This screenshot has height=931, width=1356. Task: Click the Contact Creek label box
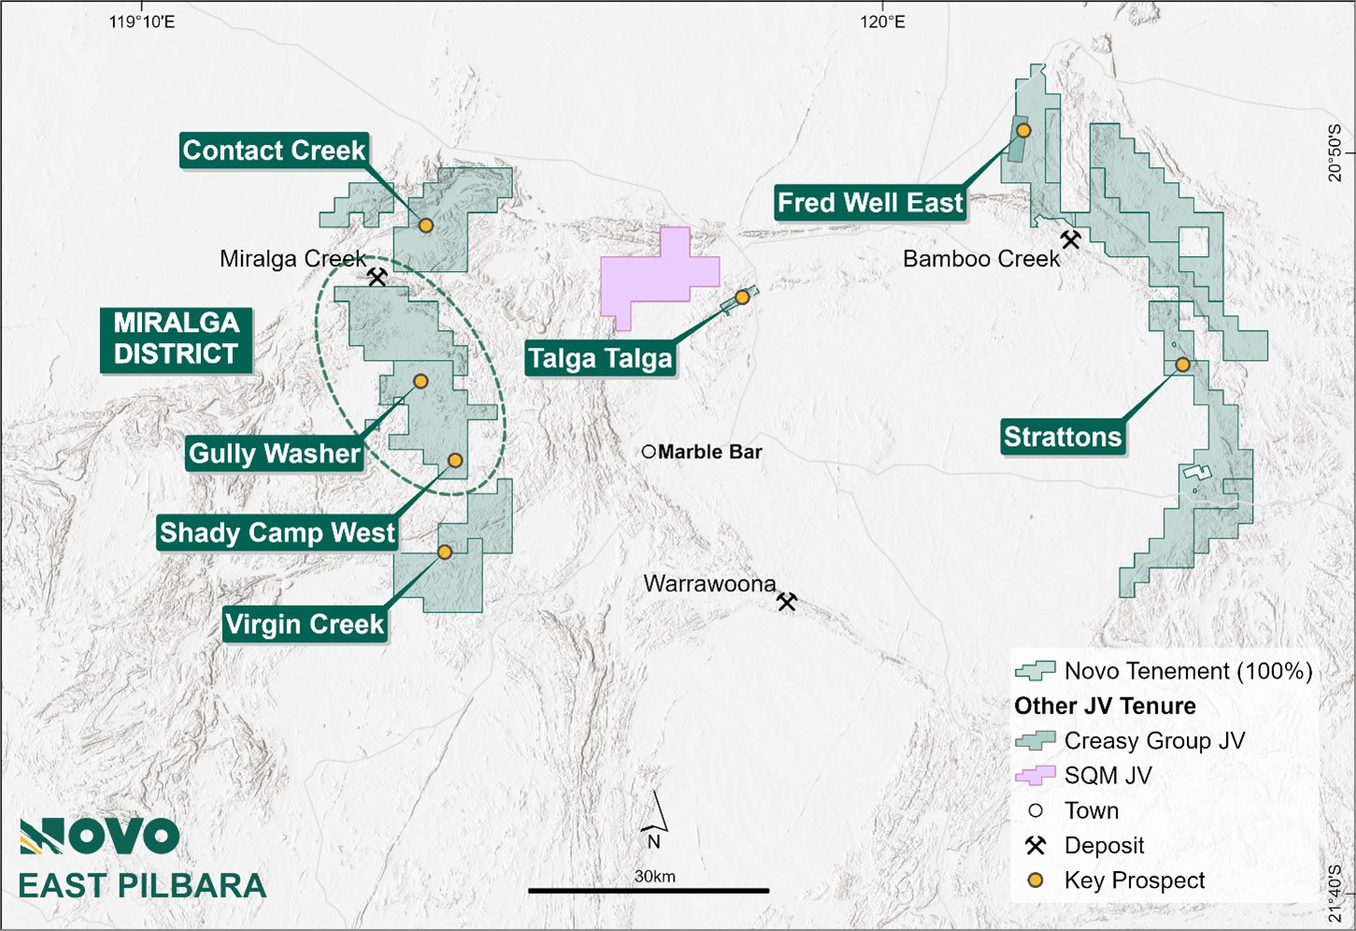[274, 150]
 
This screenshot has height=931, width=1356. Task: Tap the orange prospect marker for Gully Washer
[421, 381]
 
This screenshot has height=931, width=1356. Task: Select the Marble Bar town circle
[649, 451]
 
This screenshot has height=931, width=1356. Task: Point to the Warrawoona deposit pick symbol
[787, 602]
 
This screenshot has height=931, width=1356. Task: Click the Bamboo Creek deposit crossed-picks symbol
[1071, 239]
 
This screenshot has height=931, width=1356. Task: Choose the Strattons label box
[1062, 437]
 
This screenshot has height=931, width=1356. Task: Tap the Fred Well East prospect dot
[1023, 130]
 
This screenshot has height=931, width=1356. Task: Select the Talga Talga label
[600, 359]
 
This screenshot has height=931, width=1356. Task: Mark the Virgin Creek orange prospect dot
[445, 552]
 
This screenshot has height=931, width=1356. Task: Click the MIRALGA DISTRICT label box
[176, 339]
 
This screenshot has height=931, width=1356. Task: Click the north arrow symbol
[656, 819]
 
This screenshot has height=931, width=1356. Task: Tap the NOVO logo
[99, 837]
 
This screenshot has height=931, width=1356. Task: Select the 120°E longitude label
[883, 21]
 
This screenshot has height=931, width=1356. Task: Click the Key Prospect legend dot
[1035, 881]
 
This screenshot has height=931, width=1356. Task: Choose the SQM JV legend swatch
[1035, 776]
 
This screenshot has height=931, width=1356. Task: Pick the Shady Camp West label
[278, 533]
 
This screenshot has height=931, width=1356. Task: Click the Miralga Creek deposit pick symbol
[378, 278]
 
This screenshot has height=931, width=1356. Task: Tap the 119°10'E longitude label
[142, 21]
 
